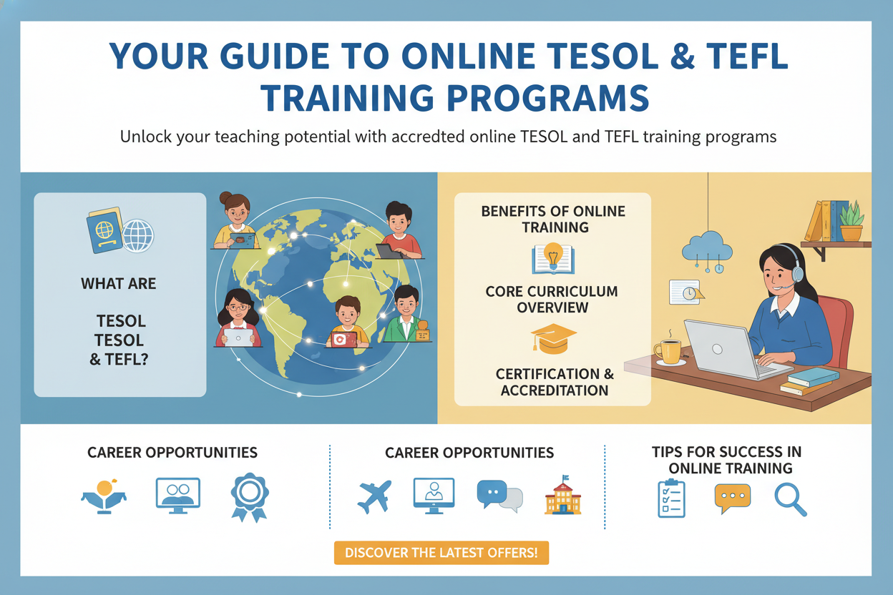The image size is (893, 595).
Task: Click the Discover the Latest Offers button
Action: coord(441,553)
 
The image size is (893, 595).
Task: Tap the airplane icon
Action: coord(374,496)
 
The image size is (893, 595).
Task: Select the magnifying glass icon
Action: coord(791,500)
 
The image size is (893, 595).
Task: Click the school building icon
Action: coord(563,496)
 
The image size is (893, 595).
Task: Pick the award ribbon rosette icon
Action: coord(250,497)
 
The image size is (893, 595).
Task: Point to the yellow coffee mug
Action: coord(668,352)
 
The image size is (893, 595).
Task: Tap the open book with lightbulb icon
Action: coord(553,258)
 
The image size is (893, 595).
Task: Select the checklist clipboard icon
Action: coord(671,498)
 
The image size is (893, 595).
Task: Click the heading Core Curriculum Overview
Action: coord(552,300)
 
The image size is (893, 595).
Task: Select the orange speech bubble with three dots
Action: coord(733,498)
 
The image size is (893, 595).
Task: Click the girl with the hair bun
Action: coord(235,220)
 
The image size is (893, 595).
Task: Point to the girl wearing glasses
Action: coord(238,318)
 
